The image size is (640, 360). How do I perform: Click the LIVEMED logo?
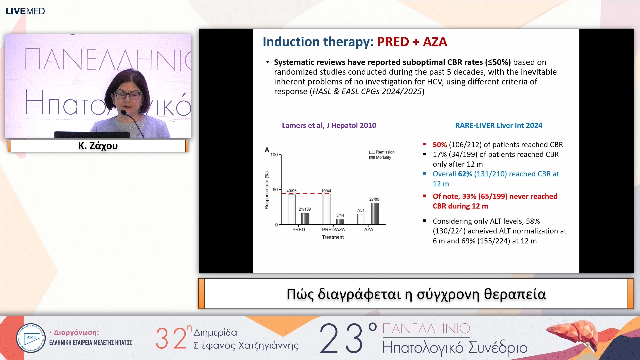[25, 11]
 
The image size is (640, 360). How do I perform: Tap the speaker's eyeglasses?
[128, 95]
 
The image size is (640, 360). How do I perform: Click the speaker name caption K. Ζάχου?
[98, 146]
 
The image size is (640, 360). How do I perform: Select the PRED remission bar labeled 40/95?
[292, 209]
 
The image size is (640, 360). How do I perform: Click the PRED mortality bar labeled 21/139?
[305, 218]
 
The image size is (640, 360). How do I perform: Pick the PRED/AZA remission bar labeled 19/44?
[326, 209]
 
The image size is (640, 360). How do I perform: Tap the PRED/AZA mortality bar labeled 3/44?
[340, 221]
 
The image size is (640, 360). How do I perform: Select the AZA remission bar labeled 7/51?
[361, 219]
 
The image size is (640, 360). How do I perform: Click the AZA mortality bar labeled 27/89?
[375, 213]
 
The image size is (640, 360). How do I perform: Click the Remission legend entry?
[382, 152]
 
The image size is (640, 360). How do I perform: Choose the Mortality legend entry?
[380, 157]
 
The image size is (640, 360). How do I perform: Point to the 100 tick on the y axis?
[274, 155]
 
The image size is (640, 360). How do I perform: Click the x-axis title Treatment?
[333, 237]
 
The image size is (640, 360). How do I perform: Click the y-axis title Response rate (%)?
[267, 190]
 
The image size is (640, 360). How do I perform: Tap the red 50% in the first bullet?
[440, 145]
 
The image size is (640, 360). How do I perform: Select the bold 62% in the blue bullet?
[465, 174]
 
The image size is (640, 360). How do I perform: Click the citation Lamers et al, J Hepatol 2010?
[329, 125]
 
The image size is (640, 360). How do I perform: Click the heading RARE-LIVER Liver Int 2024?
[499, 125]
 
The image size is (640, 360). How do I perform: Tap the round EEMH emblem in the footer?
[31, 338]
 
